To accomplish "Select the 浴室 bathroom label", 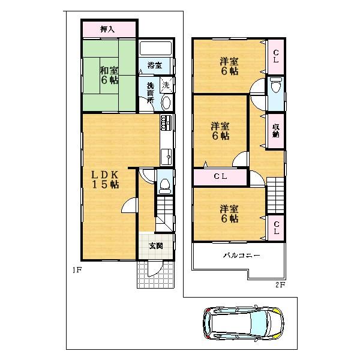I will [155, 65].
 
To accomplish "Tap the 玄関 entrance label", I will [155, 245].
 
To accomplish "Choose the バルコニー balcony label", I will [242, 256].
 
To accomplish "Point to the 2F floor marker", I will [280, 284].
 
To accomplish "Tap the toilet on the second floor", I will [276, 86].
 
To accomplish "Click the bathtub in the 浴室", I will [156, 49].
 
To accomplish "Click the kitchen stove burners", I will [166, 124].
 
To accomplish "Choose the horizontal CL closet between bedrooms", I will [220, 177].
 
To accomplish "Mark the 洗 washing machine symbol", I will [166, 85].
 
